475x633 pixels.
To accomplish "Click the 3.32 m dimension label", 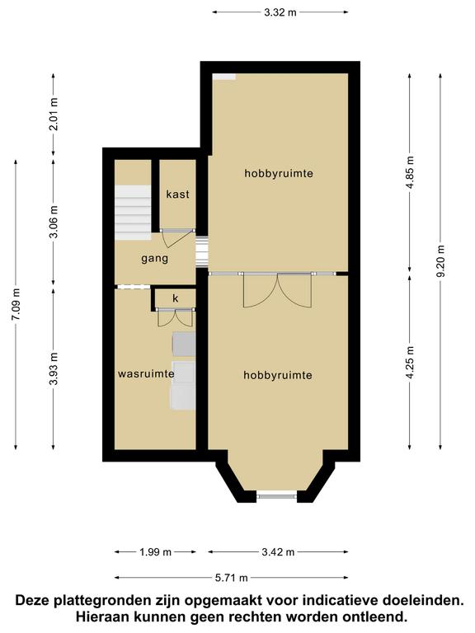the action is [280, 12].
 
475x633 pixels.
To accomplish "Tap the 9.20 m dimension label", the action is [440, 261].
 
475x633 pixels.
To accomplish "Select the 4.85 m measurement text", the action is [410, 172].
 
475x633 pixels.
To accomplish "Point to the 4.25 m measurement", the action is [410, 362].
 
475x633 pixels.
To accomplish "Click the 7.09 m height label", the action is [16, 304].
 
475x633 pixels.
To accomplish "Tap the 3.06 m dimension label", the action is [54, 222].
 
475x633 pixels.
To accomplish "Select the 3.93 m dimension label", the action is [54, 368].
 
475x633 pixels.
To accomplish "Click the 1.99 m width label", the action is [156, 552].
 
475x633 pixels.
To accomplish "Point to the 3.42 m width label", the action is [278, 552].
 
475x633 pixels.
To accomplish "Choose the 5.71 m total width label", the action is [231, 578].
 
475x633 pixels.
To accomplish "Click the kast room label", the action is [178, 195].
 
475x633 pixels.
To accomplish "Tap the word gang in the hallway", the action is [155, 259].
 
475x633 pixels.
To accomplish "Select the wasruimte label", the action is [146, 374].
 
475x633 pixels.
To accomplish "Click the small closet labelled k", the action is [176, 298].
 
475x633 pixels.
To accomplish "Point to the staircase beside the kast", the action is [133, 213].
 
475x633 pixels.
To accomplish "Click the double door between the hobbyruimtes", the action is [277, 290].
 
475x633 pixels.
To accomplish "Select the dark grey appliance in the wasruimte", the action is [184, 345].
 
